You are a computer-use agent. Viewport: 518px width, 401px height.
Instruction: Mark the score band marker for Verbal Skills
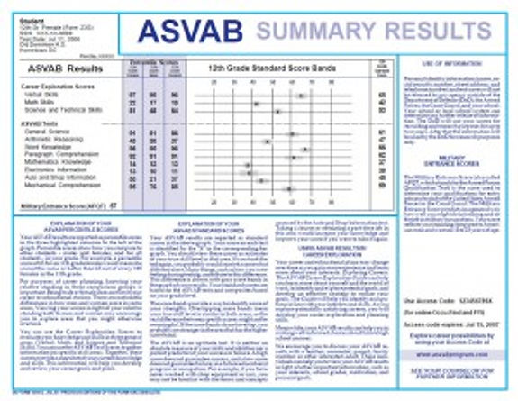(x=301, y=95)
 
